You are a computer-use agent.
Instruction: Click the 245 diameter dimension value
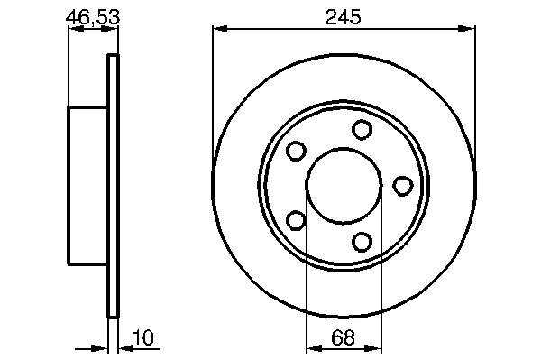coord(343,17)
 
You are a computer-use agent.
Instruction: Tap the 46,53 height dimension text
coord(93,17)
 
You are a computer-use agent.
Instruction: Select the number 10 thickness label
coord(144,338)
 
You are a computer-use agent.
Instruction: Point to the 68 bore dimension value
coord(343,337)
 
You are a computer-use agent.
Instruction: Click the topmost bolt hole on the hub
coord(362,129)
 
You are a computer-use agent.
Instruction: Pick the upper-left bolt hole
coord(296,151)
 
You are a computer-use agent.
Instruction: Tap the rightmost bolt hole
coord(403,186)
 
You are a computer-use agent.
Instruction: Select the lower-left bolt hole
coord(296,220)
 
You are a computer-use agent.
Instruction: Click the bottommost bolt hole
coord(362,242)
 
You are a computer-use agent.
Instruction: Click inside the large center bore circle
coord(344,186)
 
